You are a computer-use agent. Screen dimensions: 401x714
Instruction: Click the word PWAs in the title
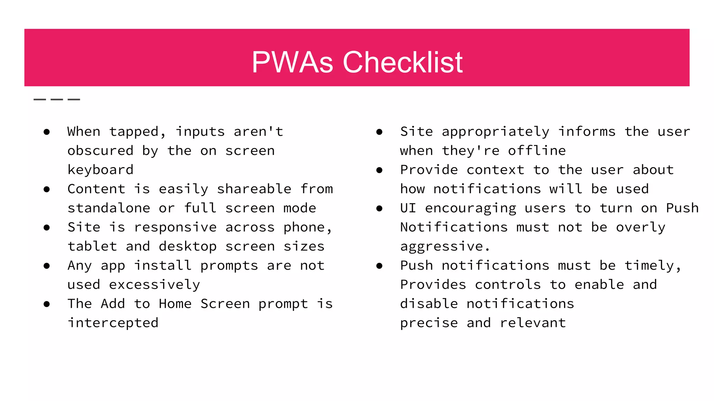click(292, 62)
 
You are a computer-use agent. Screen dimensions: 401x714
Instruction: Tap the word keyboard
click(100, 170)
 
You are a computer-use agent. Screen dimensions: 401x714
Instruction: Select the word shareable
click(254, 189)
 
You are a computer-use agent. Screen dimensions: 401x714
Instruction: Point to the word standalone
click(109, 208)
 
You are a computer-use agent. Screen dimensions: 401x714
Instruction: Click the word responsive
click(175, 227)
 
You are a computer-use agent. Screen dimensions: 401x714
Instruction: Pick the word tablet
click(92, 246)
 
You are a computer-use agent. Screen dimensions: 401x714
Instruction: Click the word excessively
click(154, 285)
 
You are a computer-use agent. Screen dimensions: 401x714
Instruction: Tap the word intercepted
click(113, 323)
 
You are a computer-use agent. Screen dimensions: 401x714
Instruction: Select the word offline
click(537, 151)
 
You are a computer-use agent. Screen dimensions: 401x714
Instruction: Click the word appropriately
click(495, 132)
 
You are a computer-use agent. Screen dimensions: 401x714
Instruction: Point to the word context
click(495, 170)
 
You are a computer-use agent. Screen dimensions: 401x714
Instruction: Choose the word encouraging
click(470, 208)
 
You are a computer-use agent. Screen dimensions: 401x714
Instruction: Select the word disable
click(429, 304)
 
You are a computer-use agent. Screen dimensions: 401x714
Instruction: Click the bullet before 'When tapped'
click(47, 132)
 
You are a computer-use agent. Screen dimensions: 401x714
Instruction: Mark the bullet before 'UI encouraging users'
click(379, 209)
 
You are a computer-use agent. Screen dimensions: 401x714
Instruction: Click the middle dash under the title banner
click(57, 100)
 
